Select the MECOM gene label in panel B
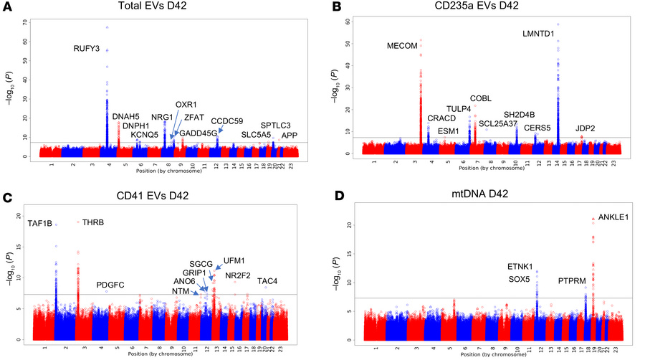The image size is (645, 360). click(x=402, y=46)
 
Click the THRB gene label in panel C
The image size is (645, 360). click(x=93, y=222)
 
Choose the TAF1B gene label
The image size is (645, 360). click(x=39, y=223)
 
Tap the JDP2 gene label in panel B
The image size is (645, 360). click(x=586, y=128)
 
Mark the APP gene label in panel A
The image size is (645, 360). click(x=290, y=135)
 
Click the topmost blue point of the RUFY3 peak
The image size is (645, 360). click(x=107, y=27)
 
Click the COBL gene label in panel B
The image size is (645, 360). click(x=480, y=98)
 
